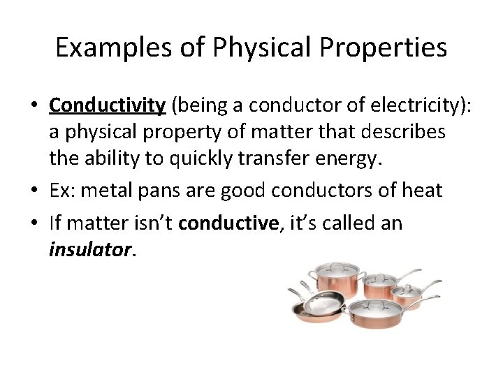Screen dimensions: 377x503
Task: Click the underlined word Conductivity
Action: (x=107, y=105)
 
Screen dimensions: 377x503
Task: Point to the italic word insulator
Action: (x=90, y=250)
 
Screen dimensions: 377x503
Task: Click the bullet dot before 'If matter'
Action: (x=34, y=223)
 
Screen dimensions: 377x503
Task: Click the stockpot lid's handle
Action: (x=337, y=264)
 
